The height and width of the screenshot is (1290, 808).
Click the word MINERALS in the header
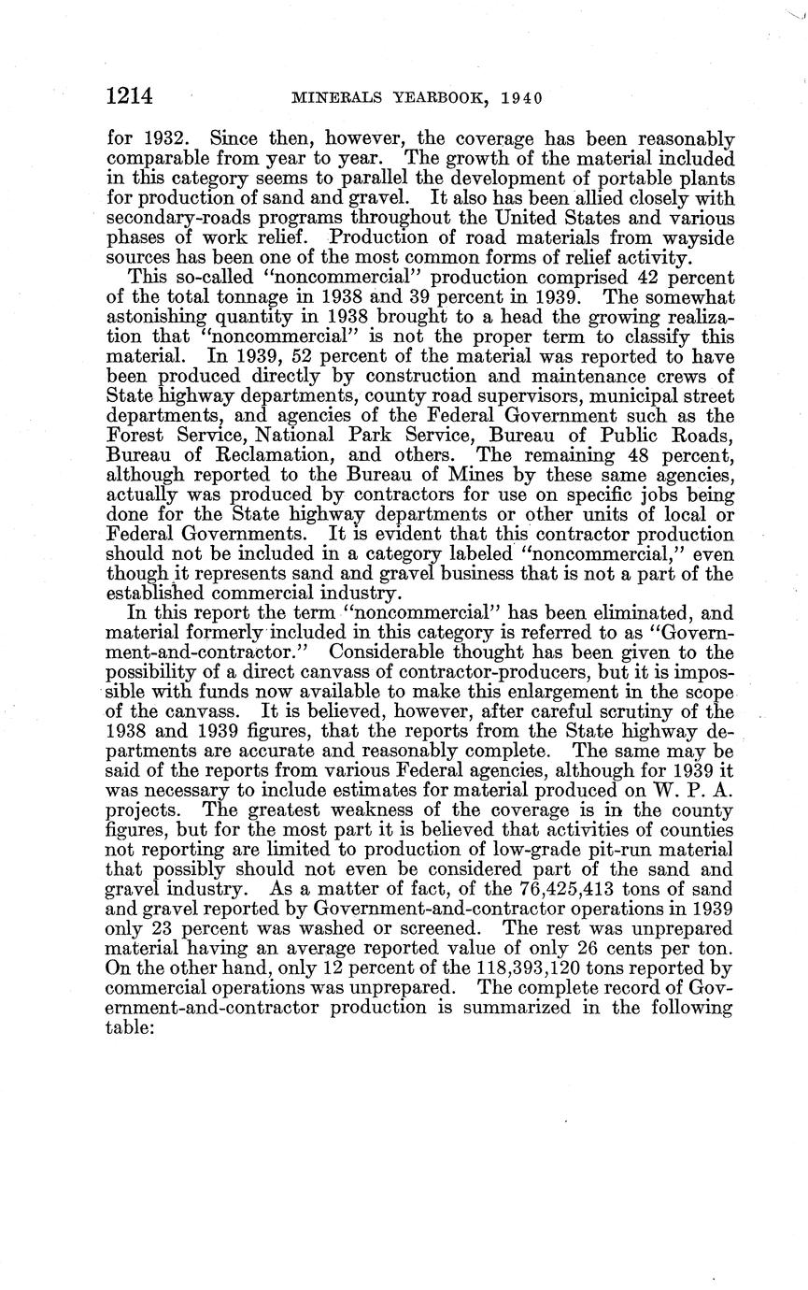click(x=334, y=96)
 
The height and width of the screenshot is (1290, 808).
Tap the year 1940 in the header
click(x=524, y=96)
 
